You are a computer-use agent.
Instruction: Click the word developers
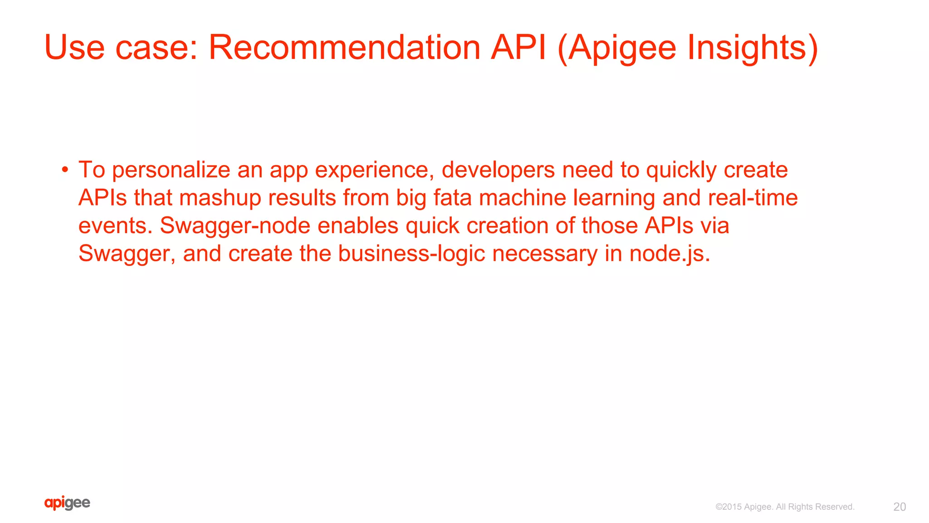498,171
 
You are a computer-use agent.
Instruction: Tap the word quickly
681,171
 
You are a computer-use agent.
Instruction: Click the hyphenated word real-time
753,198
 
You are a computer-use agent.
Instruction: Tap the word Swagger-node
235,226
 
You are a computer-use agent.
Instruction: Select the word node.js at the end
669,254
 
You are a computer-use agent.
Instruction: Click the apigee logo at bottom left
67,503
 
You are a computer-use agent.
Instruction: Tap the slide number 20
899,507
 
